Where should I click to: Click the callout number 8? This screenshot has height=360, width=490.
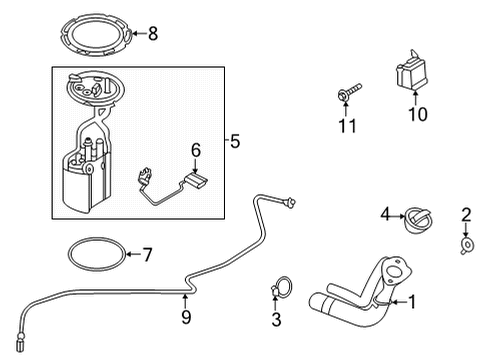[153, 34]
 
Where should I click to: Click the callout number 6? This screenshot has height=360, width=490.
[196, 150]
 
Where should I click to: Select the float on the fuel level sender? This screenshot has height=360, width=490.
[198, 180]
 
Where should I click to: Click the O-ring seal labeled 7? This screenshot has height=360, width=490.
[97, 254]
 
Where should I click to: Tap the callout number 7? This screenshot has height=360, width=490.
[147, 255]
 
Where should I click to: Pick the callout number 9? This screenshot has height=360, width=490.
[185, 320]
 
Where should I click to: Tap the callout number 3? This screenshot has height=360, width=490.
[277, 320]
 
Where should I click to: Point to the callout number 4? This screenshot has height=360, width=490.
[385, 213]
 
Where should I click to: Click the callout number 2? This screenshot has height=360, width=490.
[466, 213]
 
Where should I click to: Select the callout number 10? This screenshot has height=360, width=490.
[417, 114]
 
